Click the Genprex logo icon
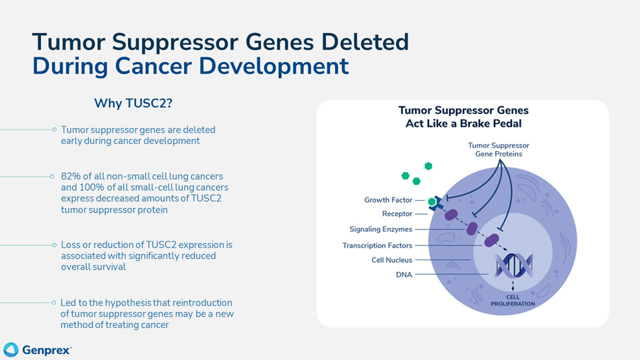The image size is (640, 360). click(x=11, y=349)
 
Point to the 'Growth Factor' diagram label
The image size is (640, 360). click(x=389, y=200)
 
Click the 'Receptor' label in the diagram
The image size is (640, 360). click(x=397, y=214)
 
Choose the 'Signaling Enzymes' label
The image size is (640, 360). click(x=381, y=230)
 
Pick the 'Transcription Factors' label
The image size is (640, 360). click(x=377, y=245)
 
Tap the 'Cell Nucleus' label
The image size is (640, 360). click(x=391, y=260)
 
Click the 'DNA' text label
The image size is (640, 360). click(x=404, y=275)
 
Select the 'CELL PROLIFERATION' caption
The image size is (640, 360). click(x=513, y=301)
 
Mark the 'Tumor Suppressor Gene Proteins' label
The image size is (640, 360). click(x=499, y=150)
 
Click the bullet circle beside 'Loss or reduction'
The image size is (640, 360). click(x=53, y=245)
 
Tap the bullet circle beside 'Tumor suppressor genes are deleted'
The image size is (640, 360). click(x=53, y=129)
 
